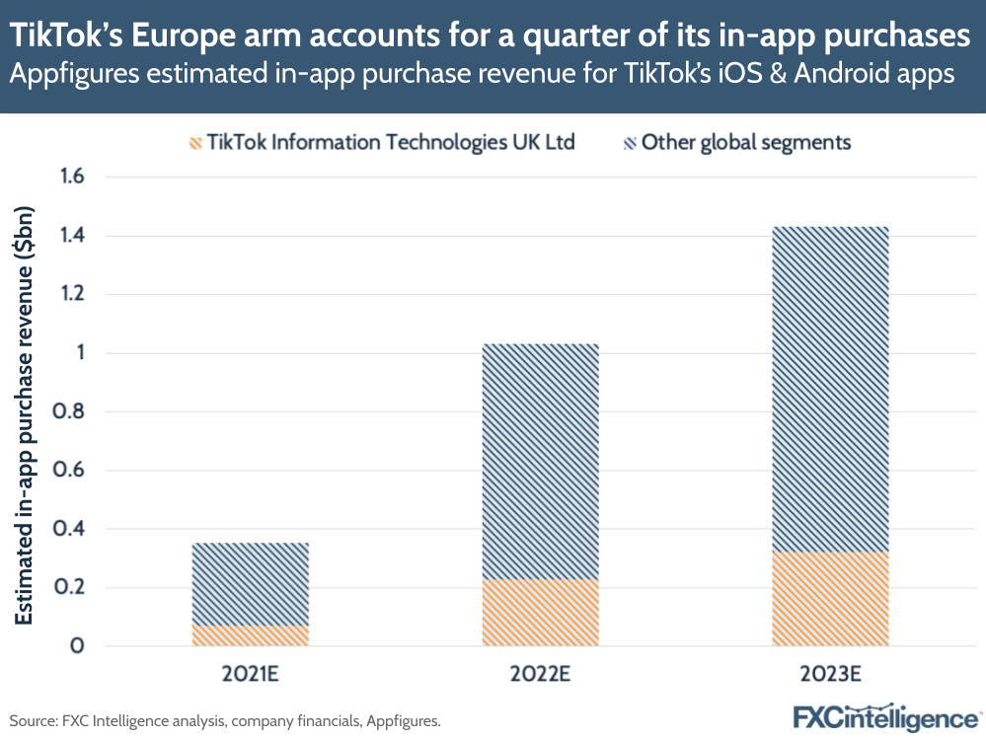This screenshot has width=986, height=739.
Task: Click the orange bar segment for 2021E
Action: (250, 635)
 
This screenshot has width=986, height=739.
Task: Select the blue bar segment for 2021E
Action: (250, 583)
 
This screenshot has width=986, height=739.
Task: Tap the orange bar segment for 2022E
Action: (540, 613)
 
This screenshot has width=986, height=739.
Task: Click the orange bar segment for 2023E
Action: (830, 599)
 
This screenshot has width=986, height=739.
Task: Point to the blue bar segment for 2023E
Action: (830, 389)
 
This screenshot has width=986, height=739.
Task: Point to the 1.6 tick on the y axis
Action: (73, 178)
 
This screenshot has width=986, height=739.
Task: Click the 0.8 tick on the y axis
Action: (73, 412)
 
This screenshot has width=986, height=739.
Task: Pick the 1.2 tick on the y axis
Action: (73, 295)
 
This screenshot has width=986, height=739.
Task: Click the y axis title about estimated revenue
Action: (25, 414)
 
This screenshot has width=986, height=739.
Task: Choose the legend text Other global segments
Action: (745, 142)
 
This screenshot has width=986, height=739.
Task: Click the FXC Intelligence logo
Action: (885, 717)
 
